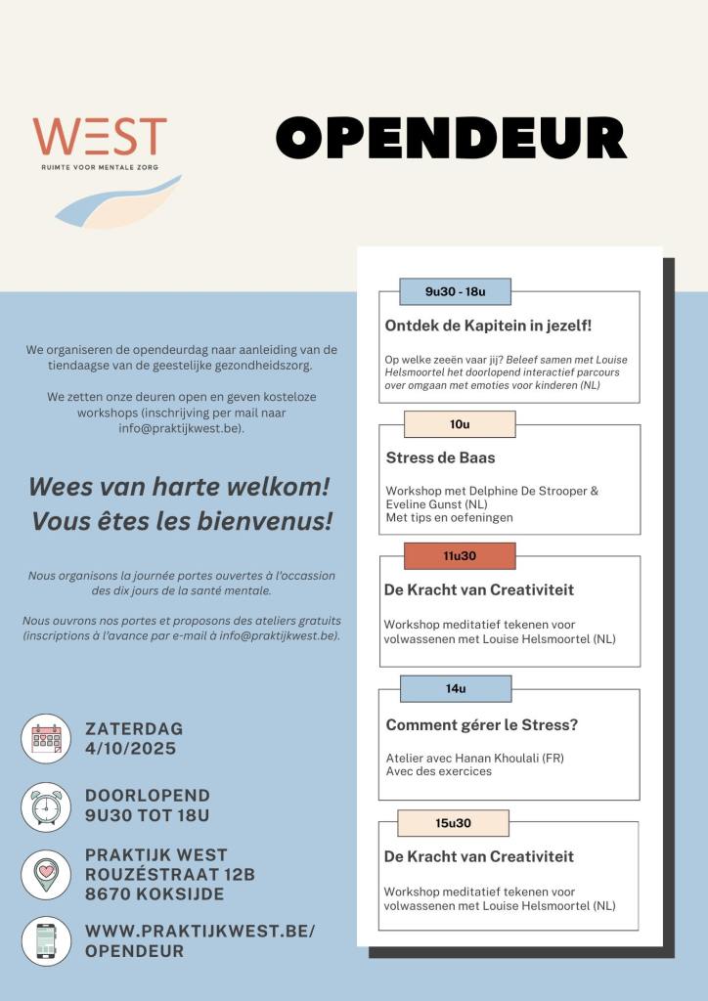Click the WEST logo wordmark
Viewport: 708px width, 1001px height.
pos(100,137)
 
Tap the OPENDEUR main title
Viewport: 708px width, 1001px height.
pos(451,138)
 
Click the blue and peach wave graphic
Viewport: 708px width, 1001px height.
pos(117,200)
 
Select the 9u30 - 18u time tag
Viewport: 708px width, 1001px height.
pos(455,291)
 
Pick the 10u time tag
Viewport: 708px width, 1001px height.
pos(460,424)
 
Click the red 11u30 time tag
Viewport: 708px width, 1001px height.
pos(459,555)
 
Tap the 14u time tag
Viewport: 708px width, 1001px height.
pos(456,688)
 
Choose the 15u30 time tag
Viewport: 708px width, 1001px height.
pos(453,823)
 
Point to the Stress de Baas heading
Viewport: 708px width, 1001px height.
pos(440,457)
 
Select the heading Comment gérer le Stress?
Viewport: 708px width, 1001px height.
pos(481,724)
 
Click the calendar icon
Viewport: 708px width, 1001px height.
pos(46,738)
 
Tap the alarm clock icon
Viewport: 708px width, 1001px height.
pos(46,806)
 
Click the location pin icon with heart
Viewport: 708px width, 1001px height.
pos(46,874)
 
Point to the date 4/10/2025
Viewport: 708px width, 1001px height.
pos(130,749)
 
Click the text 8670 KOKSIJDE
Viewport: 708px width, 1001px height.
pos(155,893)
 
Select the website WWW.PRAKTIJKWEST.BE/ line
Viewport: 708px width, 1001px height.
pos(200,931)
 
